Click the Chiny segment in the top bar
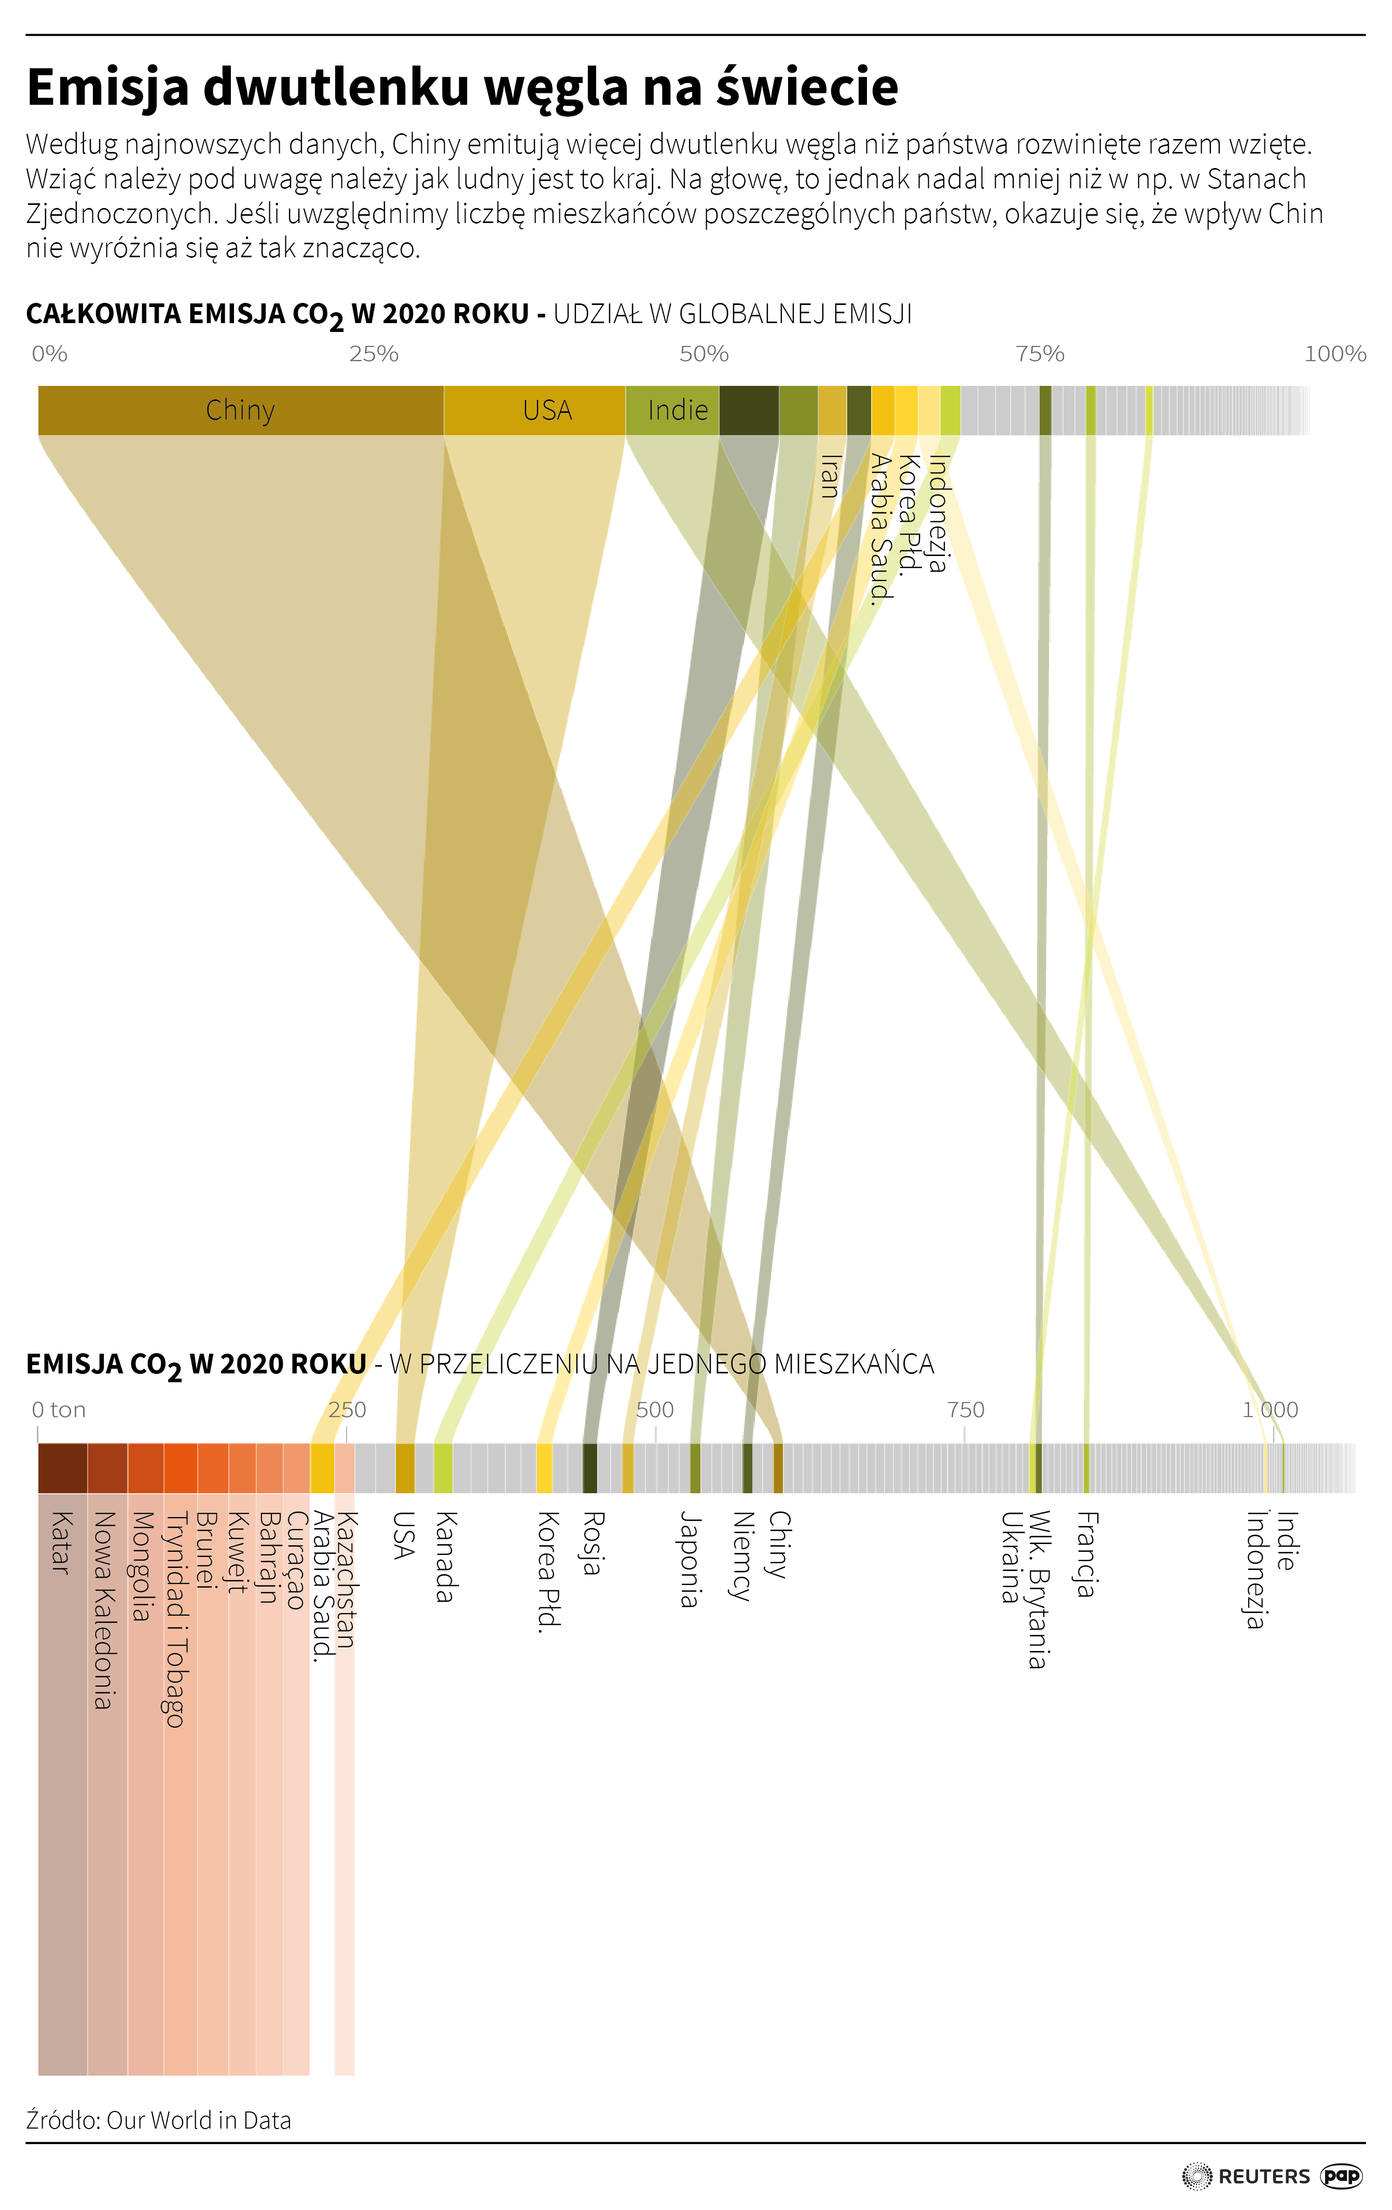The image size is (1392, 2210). click(x=241, y=410)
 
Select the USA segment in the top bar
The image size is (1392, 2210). click(x=534, y=410)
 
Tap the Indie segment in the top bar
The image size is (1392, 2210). click(x=672, y=410)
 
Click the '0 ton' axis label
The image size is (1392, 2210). click(x=59, y=1410)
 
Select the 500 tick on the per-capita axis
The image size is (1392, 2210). click(x=655, y=1410)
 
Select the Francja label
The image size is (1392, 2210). click(x=1087, y=1555)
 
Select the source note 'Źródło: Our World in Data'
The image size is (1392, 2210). click(x=159, y=2120)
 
